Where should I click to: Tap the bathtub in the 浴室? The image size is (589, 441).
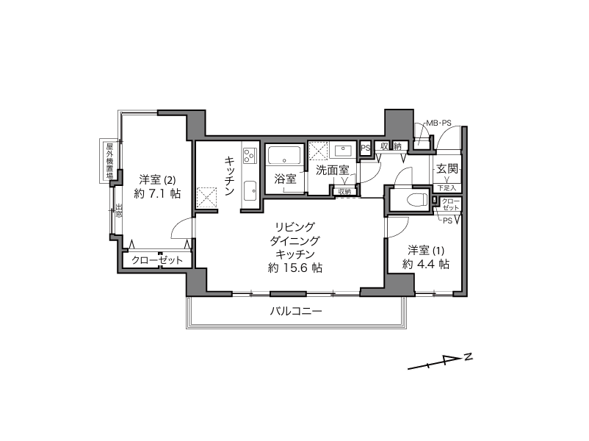285,155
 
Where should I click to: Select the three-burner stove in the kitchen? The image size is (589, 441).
250,156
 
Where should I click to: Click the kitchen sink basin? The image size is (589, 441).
250,190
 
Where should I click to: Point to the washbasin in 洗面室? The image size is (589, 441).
342,151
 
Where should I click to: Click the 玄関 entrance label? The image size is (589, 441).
447,169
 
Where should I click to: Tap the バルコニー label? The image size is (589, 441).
296,312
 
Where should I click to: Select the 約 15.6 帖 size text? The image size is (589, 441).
295,268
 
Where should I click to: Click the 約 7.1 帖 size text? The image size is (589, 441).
157,193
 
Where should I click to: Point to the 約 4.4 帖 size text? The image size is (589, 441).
426,264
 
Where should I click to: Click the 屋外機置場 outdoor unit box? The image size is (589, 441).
109,161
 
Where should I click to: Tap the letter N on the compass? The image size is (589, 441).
468,356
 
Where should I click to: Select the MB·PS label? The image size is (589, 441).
438,123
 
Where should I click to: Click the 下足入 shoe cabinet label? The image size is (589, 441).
447,188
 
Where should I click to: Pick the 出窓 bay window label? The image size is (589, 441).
119,211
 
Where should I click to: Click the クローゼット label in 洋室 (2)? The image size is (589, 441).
157,259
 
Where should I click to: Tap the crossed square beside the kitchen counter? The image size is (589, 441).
207,198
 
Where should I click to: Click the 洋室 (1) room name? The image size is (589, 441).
426,250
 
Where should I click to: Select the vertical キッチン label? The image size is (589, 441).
230,176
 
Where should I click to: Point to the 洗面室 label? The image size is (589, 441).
333,170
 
